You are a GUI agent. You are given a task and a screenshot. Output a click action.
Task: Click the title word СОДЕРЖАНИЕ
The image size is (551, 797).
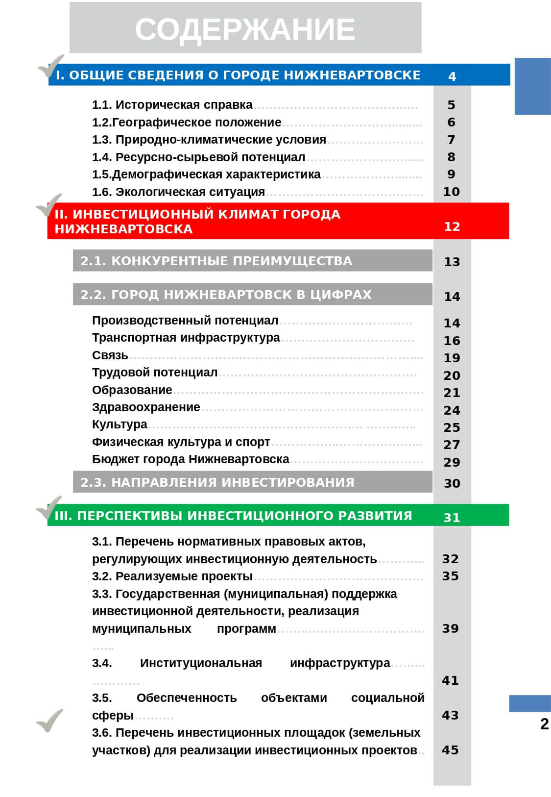[x=245, y=29]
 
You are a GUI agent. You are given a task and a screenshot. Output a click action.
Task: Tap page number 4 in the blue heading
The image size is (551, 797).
[x=452, y=76]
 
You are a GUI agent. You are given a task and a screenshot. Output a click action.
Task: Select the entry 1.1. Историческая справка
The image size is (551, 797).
[x=172, y=105]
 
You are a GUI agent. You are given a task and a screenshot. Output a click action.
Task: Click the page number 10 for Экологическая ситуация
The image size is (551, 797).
[x=451, y=192]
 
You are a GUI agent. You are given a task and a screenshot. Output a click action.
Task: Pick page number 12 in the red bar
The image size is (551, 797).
[x=452, y=226]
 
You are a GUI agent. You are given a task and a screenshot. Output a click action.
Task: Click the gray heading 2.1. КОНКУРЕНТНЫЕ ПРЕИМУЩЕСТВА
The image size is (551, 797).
[x=216, y=261]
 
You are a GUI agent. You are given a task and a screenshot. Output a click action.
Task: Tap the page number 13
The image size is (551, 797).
[x=452, y=262]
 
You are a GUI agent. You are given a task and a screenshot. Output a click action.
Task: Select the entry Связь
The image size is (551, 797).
[x=110, y=355]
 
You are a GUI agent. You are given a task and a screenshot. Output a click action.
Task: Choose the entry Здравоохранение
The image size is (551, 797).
[x=146, y=407]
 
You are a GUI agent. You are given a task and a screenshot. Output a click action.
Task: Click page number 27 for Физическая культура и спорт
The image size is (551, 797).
[x=451, y=445]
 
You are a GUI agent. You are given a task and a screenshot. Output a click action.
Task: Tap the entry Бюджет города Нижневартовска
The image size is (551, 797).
[x=191, y=459]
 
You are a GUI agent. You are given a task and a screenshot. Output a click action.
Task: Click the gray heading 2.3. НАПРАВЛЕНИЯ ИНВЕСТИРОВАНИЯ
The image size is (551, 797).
[x=217, y=482]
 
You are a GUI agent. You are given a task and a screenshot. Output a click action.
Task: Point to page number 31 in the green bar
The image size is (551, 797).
[x=451, y=517]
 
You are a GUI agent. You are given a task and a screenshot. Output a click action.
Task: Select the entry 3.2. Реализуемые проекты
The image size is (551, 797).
[x=172, y=576]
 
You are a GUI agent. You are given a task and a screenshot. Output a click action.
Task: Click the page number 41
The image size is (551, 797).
[x=450, y=680]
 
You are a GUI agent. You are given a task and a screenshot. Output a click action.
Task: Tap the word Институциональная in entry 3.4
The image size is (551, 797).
[x=201, y=663]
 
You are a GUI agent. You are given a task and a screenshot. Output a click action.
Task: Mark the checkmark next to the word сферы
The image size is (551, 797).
[x=50, y=720]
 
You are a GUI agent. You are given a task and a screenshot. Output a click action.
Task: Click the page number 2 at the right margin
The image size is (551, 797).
[x=544, y=724]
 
